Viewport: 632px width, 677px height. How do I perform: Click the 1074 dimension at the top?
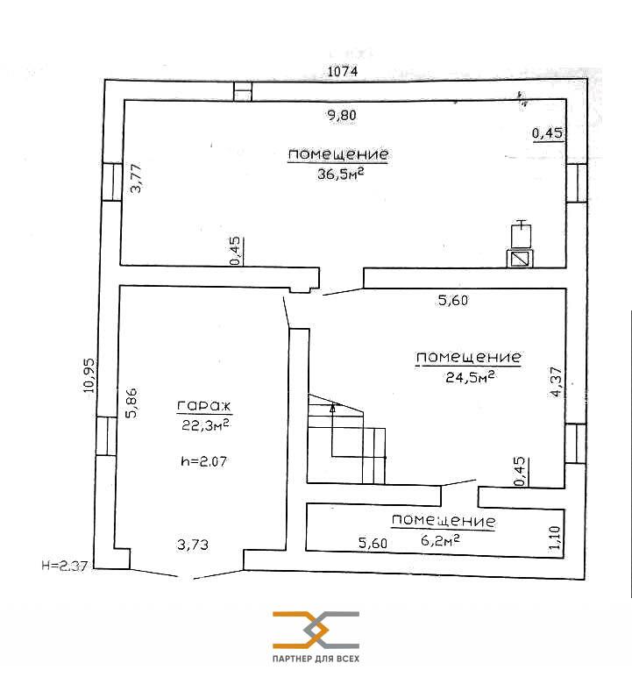(343, 71)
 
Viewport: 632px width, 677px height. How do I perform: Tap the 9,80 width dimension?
(342, 115)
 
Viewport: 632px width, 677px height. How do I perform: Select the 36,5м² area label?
(341, 174)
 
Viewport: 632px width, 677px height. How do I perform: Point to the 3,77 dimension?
(136, 178)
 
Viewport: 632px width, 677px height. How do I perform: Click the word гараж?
(204, 405)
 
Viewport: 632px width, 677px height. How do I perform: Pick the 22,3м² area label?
(205, 424)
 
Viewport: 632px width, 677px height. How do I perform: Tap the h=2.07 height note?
(203, 461)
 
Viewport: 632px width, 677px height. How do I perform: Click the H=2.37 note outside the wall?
(65, 565)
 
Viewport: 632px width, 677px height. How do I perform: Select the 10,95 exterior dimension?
(89, 375)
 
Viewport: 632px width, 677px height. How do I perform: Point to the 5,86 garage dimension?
(131, 403)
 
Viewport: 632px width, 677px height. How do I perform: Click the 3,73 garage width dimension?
(193, 545)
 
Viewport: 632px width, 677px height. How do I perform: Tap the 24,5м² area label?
(470, 377)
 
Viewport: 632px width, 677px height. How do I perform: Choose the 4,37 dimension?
(557, 381)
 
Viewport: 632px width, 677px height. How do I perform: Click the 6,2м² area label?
(440, 539)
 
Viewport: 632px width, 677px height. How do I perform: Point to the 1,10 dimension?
(555, 537)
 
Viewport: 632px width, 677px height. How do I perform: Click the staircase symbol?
(346, 438)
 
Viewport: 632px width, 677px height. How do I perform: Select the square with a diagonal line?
(520, 259)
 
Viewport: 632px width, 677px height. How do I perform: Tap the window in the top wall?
(243, 91)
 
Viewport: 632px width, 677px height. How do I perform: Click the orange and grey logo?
(316, 630)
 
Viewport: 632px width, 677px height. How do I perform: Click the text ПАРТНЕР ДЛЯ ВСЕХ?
(316, 659)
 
